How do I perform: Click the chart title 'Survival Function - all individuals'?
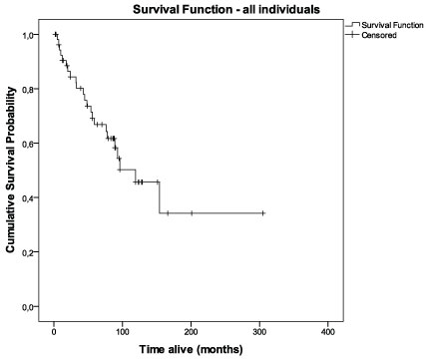click(x=226, y=9)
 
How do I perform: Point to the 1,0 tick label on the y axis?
click(x=28, y=35)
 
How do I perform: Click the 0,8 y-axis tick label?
click(x=28, y=89)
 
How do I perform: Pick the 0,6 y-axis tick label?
click(x=28, y=144)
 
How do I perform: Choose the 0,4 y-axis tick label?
click(x=28, y=197)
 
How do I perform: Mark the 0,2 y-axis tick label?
click(x=28, y=252)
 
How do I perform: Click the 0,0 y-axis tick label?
click(x=28, y=306)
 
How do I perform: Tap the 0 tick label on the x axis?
click(x=54, y=332)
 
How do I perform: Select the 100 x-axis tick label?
click(x=123, y=332)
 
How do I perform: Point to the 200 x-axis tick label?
click(x=191, y=332)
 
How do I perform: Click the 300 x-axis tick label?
click(x=259, y=332)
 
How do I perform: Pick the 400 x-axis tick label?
click(x=328, y=332)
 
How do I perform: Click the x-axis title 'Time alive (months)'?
click(x=191, y=350)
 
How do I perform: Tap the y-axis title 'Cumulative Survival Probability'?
click(x=10, y=170)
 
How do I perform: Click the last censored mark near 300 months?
click(x=262, y=213)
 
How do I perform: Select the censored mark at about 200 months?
click(x=192, y=213)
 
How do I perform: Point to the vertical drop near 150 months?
click(x=160, y=197)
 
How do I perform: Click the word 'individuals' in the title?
click(x=289, y=9)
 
